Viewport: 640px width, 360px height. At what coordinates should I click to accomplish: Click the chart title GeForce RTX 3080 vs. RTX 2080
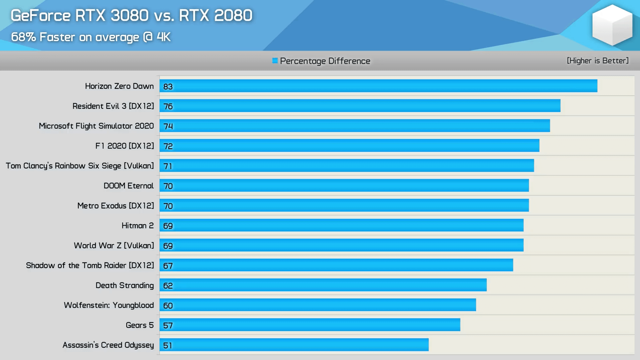pyautogui.click(x=131, y=16)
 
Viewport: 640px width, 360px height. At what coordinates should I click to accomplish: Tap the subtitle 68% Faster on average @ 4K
pyautogui.click(x=91, y=37)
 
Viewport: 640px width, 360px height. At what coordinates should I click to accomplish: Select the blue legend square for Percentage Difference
pyautogui.click(x=275, y=61)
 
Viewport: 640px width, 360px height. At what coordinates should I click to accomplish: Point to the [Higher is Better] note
pyautogui.click(x=598, y=61)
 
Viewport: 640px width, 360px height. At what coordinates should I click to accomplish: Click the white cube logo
pyautogui.click(x=612, y=25)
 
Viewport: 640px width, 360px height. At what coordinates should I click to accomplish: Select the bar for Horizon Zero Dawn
pyautogui.click(x=378, y=86)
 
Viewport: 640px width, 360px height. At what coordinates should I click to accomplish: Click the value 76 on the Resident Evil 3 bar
pyautogui.click(x=168, y=106)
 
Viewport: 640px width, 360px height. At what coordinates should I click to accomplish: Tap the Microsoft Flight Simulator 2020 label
pyautogui.click(x=96, y=126)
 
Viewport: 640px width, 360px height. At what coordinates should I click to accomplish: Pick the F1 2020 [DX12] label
pyautogui.click(x=125, y=146)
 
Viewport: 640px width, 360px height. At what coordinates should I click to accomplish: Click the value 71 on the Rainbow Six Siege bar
pyautogui.click(x=168, y=166)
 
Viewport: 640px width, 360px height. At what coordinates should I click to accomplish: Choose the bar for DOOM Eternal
pyautogui.click(x=344, y=186)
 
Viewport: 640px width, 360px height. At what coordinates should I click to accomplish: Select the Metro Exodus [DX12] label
pyautogui.click(x=116, y=206)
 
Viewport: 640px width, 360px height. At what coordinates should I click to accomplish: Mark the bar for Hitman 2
pyautogui.click(x=341, y=225)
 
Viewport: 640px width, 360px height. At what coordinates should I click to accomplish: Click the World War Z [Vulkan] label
pyautogui.click(x=114, y=246)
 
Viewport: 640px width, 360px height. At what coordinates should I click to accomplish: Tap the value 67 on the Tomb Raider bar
pyautogui.click(x=168, y=266)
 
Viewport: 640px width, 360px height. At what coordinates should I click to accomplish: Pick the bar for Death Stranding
pyautogui.click(x=323, y=285)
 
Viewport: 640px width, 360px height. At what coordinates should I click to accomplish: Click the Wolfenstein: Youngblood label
pyautogui.click(x=109, y=305)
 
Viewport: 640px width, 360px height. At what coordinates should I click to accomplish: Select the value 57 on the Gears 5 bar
pyautogui.click(x=168, y=325)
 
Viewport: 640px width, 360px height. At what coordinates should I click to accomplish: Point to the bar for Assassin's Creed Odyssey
pyautogui.click(x=294, y=345)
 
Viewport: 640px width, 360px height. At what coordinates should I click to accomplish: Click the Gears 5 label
pyautogui.click(x=140, y=325)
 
